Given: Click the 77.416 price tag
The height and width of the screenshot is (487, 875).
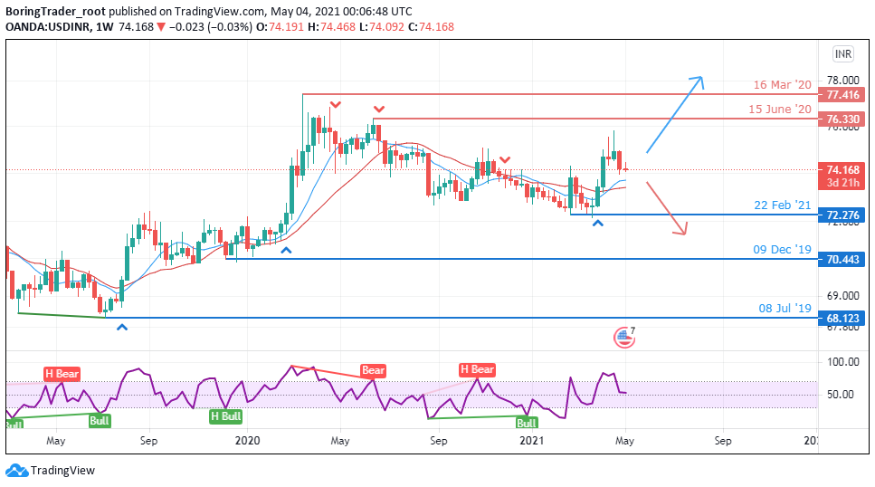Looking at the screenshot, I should [842, 95].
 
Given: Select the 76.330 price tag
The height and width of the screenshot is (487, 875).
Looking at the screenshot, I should [842, 119].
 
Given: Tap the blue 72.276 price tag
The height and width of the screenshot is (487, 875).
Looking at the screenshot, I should [842, 215].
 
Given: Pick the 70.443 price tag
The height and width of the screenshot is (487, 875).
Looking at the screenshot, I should [842, 259].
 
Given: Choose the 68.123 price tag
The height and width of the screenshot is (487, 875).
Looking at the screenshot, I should [842, 318].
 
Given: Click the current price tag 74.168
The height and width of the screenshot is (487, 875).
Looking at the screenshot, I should [842, 168].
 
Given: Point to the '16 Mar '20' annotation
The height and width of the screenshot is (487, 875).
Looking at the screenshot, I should [783, 85].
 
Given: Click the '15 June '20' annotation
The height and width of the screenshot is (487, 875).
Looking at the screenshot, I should [780, 110].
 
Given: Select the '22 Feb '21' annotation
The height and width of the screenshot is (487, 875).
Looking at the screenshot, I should [783, 205].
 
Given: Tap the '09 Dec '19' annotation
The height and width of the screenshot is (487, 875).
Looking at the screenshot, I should [783, 249].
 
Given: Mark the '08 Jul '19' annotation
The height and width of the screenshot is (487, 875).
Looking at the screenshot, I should [785, 308].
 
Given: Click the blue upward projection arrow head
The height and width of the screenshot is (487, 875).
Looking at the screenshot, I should [699, 81].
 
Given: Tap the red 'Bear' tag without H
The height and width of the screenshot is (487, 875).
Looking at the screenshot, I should [373, 370].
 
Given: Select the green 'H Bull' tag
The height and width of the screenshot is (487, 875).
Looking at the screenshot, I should [225, 416].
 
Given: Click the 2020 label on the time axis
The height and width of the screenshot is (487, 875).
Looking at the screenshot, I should [247, 441].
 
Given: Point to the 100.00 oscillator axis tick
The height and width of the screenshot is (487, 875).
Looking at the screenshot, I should [842, 362].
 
